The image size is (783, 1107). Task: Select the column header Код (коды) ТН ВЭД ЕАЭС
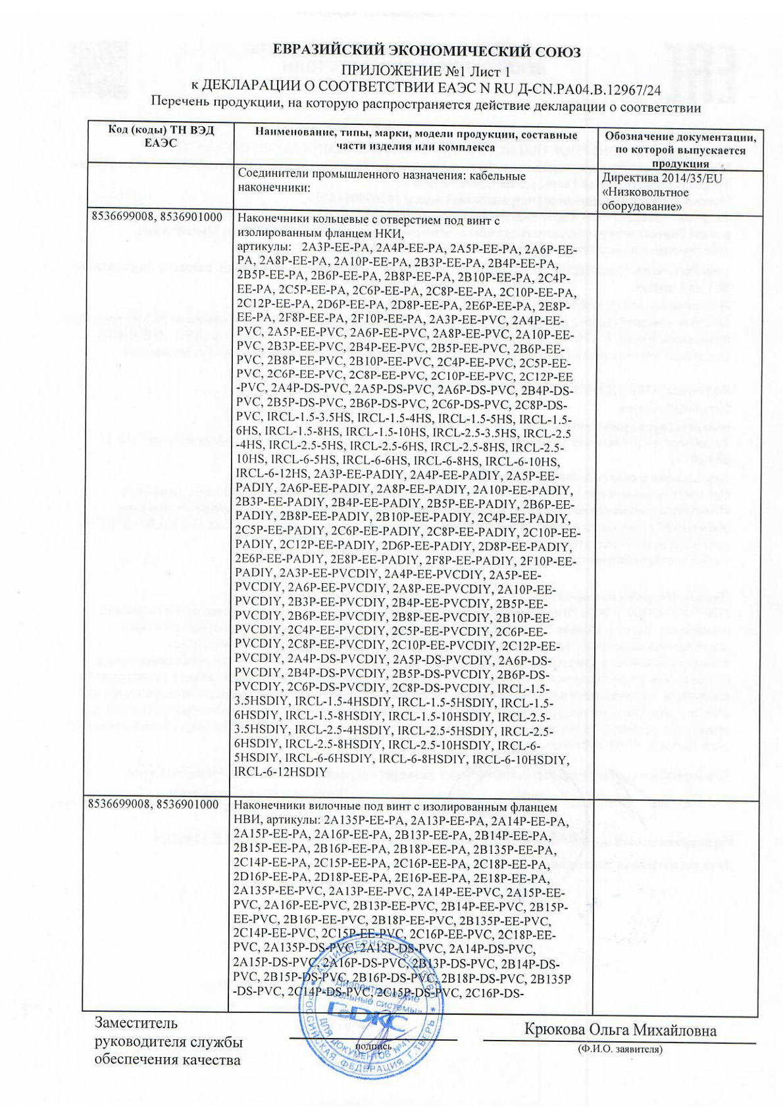tap(161, 136)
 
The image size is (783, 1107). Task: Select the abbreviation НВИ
tap(247, 820)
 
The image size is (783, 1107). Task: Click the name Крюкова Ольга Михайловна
tap(620, 1029)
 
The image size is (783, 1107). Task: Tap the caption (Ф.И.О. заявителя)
tap(620, 1049)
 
